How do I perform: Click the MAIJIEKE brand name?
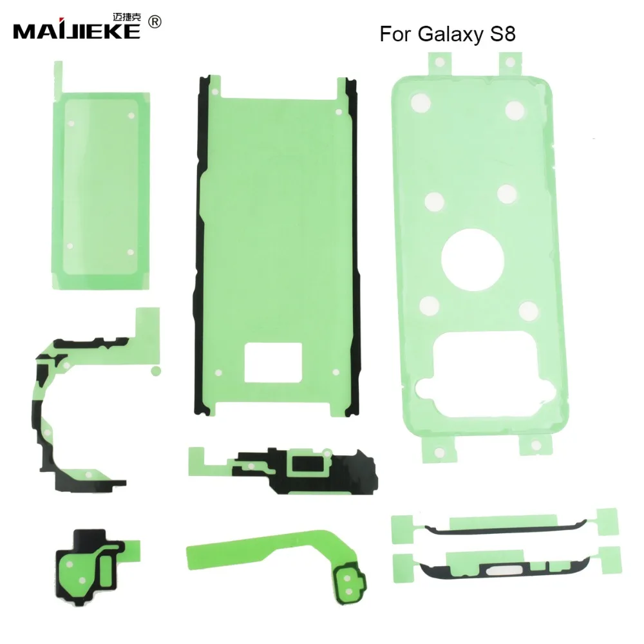[x=76, y=30]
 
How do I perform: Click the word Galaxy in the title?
[x=444, y=34]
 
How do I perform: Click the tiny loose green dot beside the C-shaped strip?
[x=155, y=370]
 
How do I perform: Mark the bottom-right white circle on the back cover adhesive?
[x=528, y=311]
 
